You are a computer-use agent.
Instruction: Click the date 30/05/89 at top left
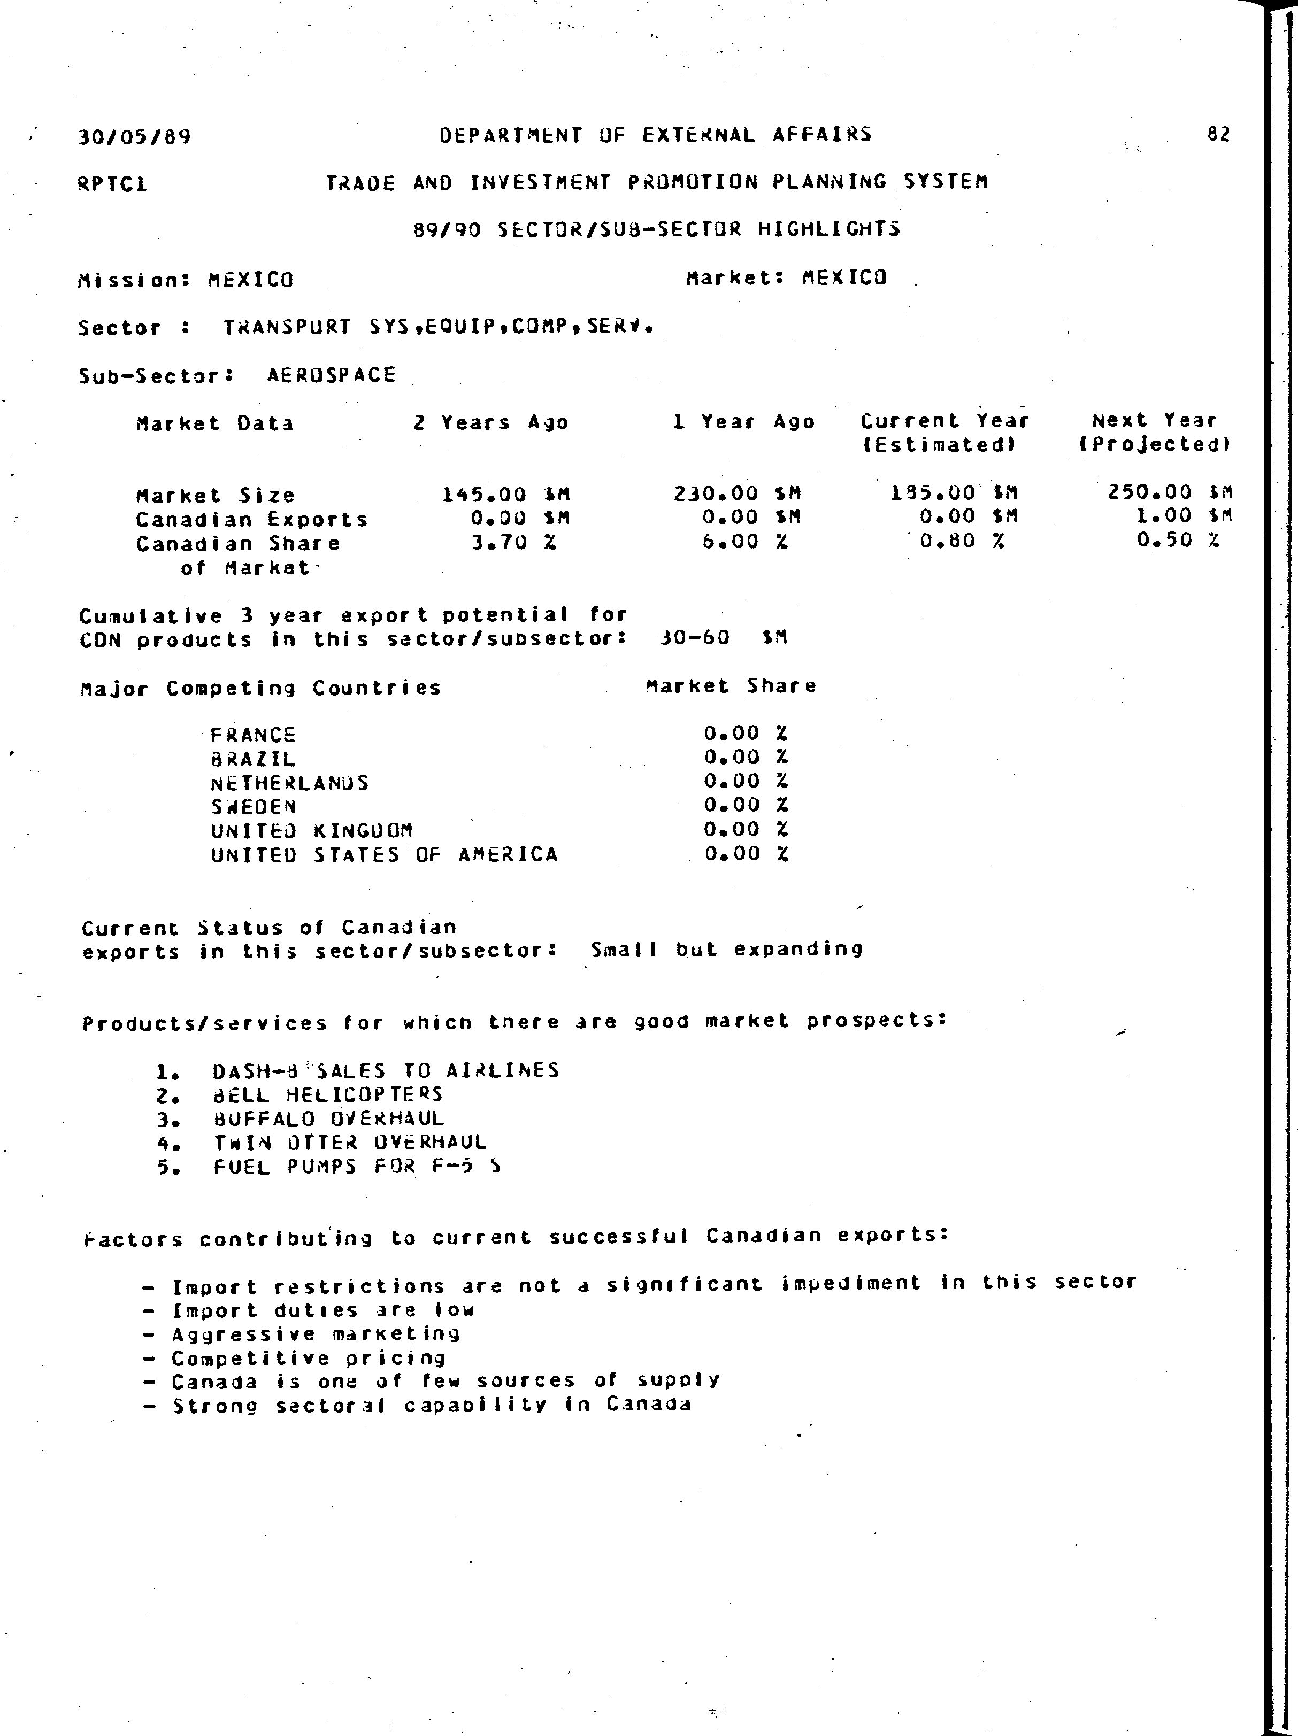coord(134,137)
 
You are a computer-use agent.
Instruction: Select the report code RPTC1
coord(112,184)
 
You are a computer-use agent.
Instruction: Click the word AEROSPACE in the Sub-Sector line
coord(332,375)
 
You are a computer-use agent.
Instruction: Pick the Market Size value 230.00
coord(716,493)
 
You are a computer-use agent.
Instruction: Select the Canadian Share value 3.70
coord(498,542)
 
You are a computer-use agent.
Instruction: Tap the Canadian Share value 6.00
coord(730,542)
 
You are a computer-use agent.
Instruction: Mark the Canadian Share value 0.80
coord(947,541)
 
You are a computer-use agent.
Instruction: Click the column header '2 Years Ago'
coord(491,423)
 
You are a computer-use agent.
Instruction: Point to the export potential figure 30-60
coord(695,637)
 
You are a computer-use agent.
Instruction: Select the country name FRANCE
coord(253,735)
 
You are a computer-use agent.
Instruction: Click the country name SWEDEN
coord(254,807)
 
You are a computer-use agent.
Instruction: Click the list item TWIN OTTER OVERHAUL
coord(350,1143)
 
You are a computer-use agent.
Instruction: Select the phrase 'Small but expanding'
coord(726,950)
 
